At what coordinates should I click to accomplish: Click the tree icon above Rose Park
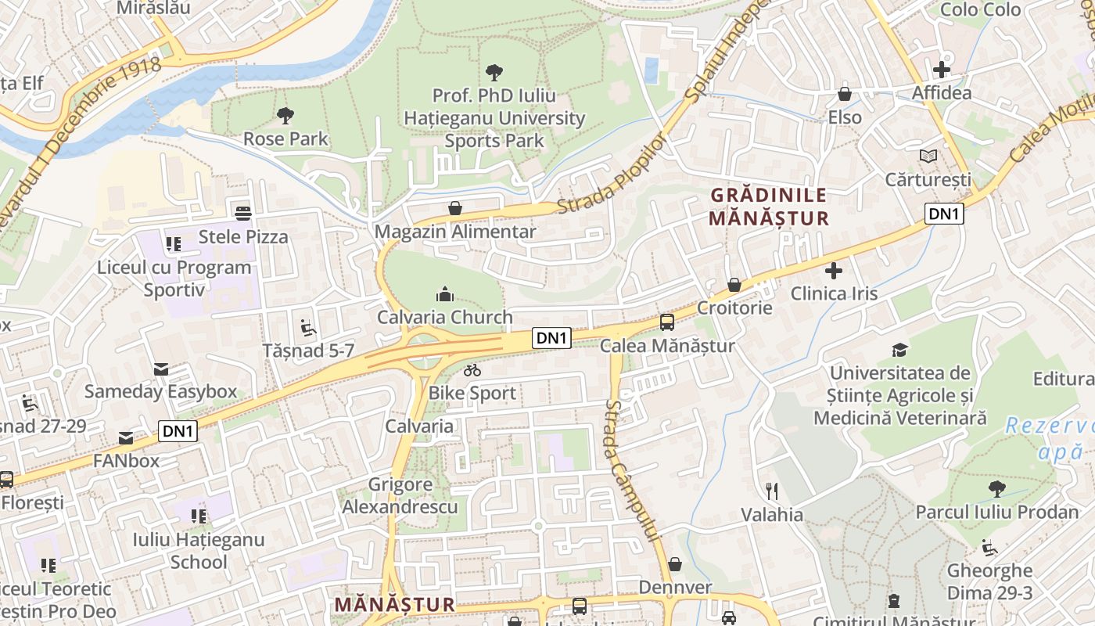point(285,116)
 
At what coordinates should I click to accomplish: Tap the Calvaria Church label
point(444,318)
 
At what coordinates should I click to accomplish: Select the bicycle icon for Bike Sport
point(472,370)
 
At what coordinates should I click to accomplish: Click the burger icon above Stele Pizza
point(243,213)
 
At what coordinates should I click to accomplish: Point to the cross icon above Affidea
point(942,70)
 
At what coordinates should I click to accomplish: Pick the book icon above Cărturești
point(928,156)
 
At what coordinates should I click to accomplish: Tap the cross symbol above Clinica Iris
point(834,271)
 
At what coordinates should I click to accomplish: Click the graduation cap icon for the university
point(900,350)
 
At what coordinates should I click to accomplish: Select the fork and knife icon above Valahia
point(772,491)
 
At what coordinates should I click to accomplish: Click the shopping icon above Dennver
point(674,564)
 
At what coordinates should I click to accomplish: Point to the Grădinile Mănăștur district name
point(768,207)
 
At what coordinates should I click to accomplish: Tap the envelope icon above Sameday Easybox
point(160,369)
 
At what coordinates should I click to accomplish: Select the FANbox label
point(126,461)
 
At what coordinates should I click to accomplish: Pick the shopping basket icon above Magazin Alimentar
point(454,208)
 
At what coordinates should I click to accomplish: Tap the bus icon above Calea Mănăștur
point(666,322)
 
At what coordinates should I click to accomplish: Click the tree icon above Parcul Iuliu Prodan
point(996,489)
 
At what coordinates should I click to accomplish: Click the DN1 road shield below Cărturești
point(944,214)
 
